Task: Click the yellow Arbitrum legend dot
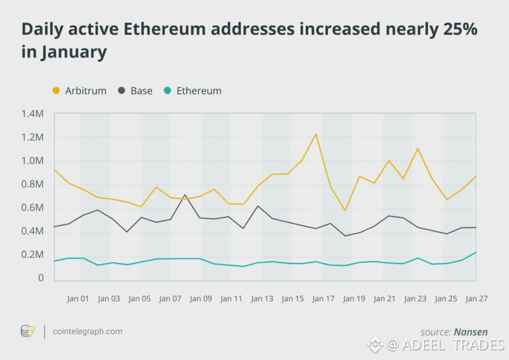pyautogui.click(x=56, y=91)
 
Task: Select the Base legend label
pyautogui.click(x=141, y=91)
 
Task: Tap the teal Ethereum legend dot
pyautogui.click(x=168, y=91)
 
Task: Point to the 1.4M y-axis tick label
pyautogui.click(x=32, y=113)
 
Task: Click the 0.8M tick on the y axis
pyautogui.click(x=32, y=184)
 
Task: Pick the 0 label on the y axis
pyautogui.click(x=41, y=278)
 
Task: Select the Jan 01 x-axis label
pyautogui.click(x=78, y=298)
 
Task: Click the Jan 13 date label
pyautogui.click(x=262, y=298)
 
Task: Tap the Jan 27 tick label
pyautogui.click(x=477, y=298)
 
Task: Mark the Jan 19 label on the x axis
pyautogui.click(x=354, y=298)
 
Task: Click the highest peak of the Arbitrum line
pyautogui.click(x=316, y=134)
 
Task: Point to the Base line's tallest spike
pyautogui.click(x=185, y=194)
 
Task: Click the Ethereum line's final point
pyautogui.click(x=477, y=252)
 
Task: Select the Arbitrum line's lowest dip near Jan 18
pyautogui.click(x=345, y=211)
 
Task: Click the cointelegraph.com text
pyautogui.click(x=88, y=331)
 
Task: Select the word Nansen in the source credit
pyautogui.click(x=471, y=332)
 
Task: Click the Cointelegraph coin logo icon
pyautogui.click(x=28, y=331)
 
